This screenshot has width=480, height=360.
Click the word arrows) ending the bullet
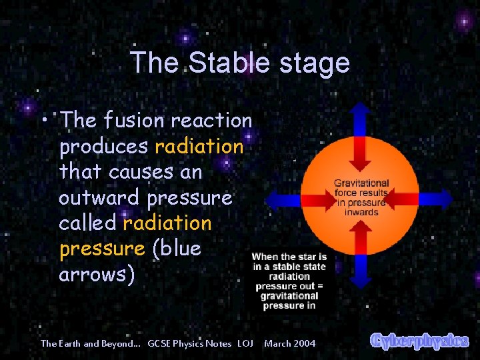pos(97,274)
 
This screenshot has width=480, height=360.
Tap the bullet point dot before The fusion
pos(43,121)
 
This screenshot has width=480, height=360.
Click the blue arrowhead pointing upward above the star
pos(361,111)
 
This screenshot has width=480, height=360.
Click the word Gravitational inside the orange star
pos(361,183)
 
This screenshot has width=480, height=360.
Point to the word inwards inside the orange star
pos(361,213)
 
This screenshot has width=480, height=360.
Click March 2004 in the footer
pos(290,343)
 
